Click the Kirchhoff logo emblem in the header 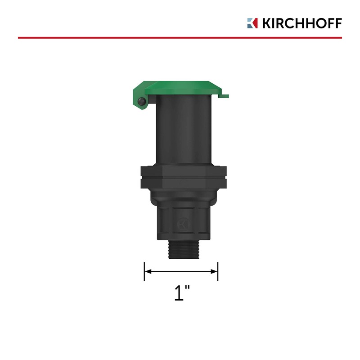click(252, 23)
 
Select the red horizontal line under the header click(180, 38)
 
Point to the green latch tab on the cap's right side click(225, 94)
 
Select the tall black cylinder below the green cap click(180, 130)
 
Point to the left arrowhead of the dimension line click(147, 271)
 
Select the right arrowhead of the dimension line click(215, 271)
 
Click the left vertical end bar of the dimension click(144, 271)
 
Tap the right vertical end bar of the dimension click(218, 271)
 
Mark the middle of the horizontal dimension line click(181, 271)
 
